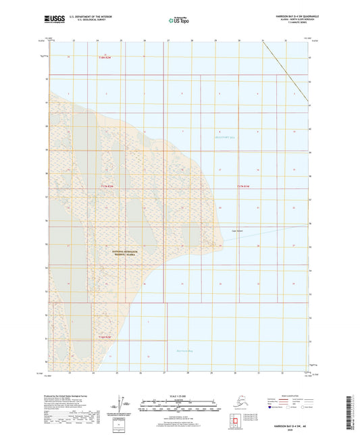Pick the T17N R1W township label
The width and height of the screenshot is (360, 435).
click(x=243, y=186)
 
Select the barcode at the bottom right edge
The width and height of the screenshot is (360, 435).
click(x=355, y=413)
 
